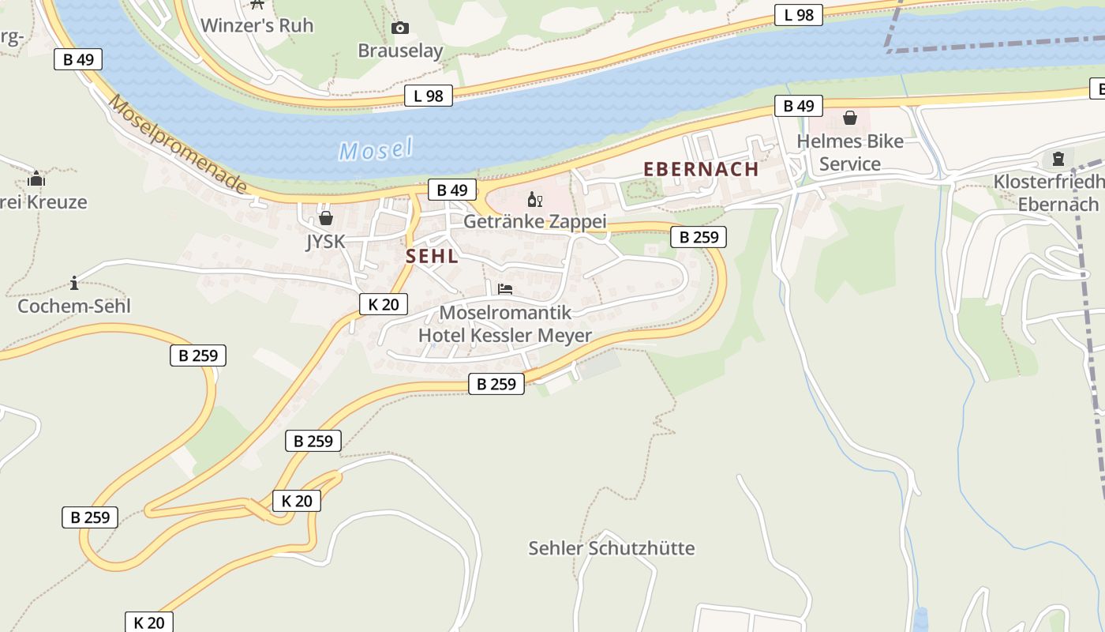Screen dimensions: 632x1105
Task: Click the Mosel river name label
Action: (x=376, y=149)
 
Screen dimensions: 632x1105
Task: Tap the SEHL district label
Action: (x=432, y=256)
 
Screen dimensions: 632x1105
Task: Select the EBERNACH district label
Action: (x=701, y=169)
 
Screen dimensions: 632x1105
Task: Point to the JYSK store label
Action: (x=326, y=241)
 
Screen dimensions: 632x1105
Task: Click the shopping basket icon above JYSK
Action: (x=326, y=218)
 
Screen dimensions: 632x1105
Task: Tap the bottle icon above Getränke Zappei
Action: (x=534, y=199)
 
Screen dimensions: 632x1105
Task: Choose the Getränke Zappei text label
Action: (x=534, y=221)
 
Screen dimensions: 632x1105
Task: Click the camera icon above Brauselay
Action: (x=400, y=28)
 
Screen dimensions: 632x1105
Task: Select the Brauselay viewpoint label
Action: (x=400, y=51)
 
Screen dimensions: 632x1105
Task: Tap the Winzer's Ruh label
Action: (x=257, y=25)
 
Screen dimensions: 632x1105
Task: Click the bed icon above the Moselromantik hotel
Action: (x=505, y=289)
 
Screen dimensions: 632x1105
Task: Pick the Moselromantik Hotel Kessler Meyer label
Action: (x=505, y=324)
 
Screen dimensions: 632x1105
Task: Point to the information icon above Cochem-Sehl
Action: (x=74, y=283)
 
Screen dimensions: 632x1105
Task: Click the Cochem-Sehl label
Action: (x=74, y=306)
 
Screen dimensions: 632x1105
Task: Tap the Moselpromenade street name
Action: (x=178, y=145)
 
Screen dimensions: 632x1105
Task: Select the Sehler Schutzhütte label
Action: (x=612, y=547)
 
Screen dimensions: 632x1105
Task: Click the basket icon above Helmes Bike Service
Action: (x=850, y=118)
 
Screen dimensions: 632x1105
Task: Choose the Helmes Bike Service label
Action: (x=850, y=152)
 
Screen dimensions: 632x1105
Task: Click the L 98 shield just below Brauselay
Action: (x=429, y=96)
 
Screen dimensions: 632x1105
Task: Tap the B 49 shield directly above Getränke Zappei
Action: (x=452, y=190)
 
